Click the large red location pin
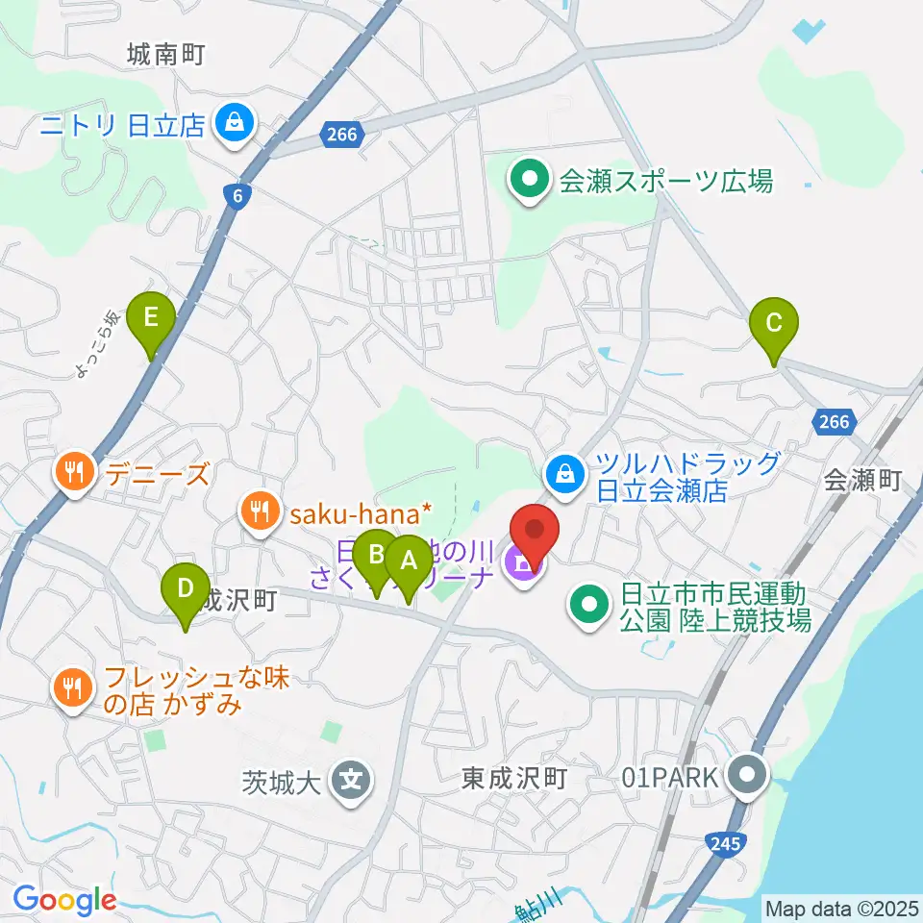534,535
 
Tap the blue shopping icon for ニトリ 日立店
233,123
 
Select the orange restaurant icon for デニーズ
73,472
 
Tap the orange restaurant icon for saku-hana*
259,510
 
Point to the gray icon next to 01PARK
747,774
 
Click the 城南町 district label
166,55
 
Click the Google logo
65,900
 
